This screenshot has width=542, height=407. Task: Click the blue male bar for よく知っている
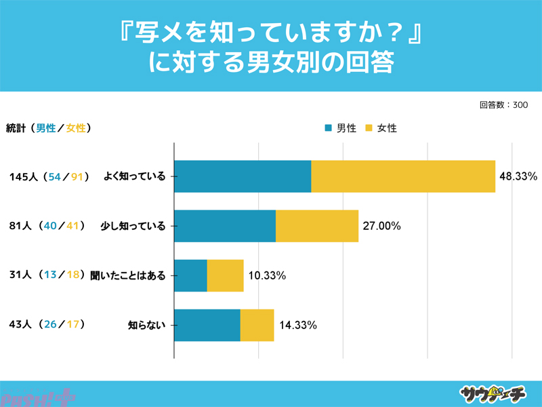pyautogui.click(x=243, y=176)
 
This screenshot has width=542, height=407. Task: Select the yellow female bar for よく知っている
pyautogui.click(x=403, y=176)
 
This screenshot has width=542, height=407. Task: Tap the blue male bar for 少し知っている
pyautogui.click(x=225, y=226)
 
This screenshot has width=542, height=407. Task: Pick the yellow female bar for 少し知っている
pyautogui.click(x=317, y=226)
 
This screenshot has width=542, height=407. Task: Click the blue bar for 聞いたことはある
pyautogui.click(x=190, y=275)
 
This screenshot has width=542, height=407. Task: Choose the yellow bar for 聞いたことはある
pyautogui.click(x=225, y=275)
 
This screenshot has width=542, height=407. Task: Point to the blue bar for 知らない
pyautogui.click(x=207, y=325)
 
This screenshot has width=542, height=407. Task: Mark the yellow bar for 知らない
pyautogui.click(x=257, y=325)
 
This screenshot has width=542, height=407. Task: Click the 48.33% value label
pyautogui.click(x=518, y=176)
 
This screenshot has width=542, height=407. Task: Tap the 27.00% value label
pyautogui.click(x=382, y=226)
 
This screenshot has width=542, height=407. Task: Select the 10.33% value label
pyautogui.click(x=267, y=275)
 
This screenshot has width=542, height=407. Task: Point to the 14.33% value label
pyautogui.click(x=298, y=325)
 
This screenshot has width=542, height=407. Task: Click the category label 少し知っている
pyautogui.click(x=133, y=227)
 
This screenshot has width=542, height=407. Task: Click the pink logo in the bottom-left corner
pyautogui.click(x=37, y=396)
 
